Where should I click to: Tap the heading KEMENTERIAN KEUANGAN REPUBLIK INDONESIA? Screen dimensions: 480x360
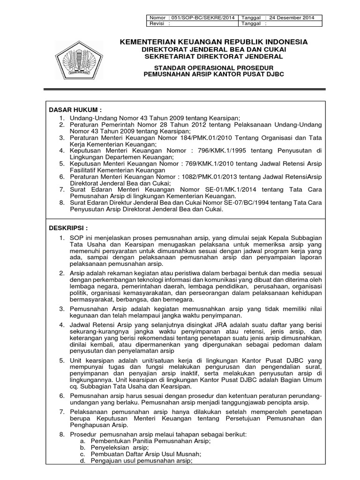[x=214, y=42]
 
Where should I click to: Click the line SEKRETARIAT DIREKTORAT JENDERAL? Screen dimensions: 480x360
[x=214, y=56]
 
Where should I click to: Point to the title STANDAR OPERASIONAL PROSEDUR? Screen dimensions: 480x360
[x=214, y=67]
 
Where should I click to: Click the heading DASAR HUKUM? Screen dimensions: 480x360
[x=75, y=109]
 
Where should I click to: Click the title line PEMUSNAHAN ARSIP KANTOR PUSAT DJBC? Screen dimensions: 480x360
[x=214, y=75]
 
